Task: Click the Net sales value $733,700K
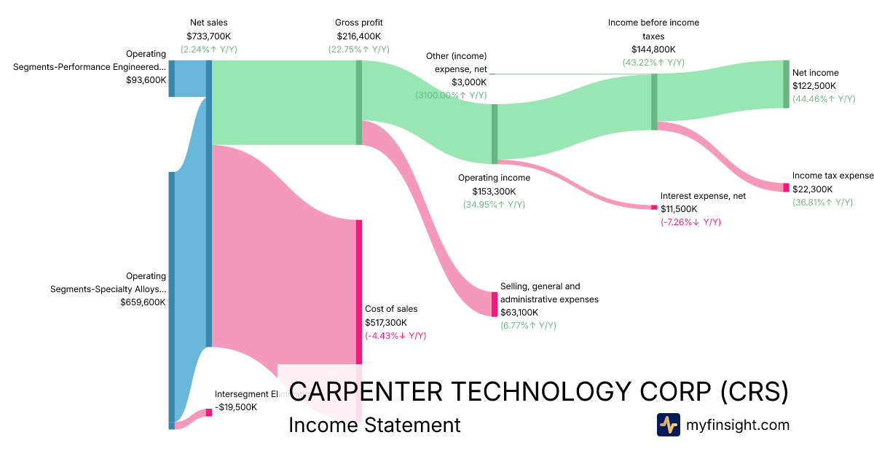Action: pos(209,36)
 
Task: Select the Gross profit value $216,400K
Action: pos(358,36)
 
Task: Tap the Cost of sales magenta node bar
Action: pos(359,291)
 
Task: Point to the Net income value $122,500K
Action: pos(814,86)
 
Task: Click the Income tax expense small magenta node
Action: pos(786,187)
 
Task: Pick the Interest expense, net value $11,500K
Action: pos(682,209)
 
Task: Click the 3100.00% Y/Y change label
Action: pos(451,95)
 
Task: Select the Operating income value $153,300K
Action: pos(494,191)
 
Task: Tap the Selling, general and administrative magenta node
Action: pos(495,304)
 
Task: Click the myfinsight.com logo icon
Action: pos(668,425)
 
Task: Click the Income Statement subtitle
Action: pos(374,425)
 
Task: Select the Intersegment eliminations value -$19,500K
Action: pos(236,407)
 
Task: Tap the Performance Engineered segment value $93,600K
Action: pos(146,80)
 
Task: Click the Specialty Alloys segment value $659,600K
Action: pos(143,302)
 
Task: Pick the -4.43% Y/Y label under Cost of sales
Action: pos(395,336)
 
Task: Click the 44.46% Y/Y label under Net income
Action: pos(824,99)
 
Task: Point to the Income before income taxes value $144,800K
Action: pos(653,50)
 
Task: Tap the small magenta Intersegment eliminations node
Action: pos(209,412)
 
